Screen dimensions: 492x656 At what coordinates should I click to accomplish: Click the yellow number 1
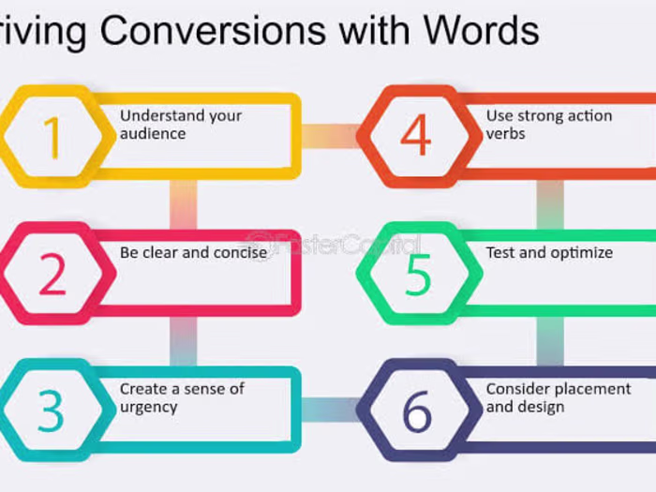tap(52, 137)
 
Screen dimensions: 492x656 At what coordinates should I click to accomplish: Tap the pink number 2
tap(52, 274)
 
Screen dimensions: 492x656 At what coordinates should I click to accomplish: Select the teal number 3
tap(52, 410)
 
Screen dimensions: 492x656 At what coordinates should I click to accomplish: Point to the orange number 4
tap(416, 137)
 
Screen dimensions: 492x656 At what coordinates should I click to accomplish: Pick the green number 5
tap(418, 274)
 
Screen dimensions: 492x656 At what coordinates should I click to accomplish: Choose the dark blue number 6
tap(418, 410)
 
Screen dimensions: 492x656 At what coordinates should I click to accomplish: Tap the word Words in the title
tap(481, 31)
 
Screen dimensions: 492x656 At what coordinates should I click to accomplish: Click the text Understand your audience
tap(180, 125)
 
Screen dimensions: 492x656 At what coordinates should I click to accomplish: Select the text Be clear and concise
tap(193, 252)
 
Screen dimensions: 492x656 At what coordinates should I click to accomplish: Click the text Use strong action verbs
tap(548, 125)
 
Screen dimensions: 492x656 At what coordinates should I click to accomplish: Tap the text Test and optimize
tap(548, 252)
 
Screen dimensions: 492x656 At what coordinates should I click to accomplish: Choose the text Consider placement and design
tap(558, 397)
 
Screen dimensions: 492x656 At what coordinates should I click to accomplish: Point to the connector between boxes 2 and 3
tap(184, 340)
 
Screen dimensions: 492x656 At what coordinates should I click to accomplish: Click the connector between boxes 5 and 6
tap(550, 340)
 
